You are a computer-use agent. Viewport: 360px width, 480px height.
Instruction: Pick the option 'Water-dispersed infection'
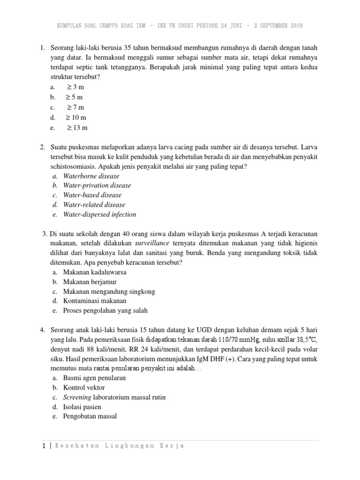[99, 214]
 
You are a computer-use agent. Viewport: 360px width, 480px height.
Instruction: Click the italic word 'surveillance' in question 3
[150, 243]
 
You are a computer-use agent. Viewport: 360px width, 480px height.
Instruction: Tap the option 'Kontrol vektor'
[84, 387]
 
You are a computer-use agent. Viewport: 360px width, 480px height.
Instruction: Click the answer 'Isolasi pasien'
[82, 406]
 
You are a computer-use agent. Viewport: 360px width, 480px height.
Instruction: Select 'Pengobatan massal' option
[90, 416]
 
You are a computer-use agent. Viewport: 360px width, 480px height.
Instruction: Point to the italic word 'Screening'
[76, 397]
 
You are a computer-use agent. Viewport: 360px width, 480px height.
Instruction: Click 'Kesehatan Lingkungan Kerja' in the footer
[120, 446]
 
